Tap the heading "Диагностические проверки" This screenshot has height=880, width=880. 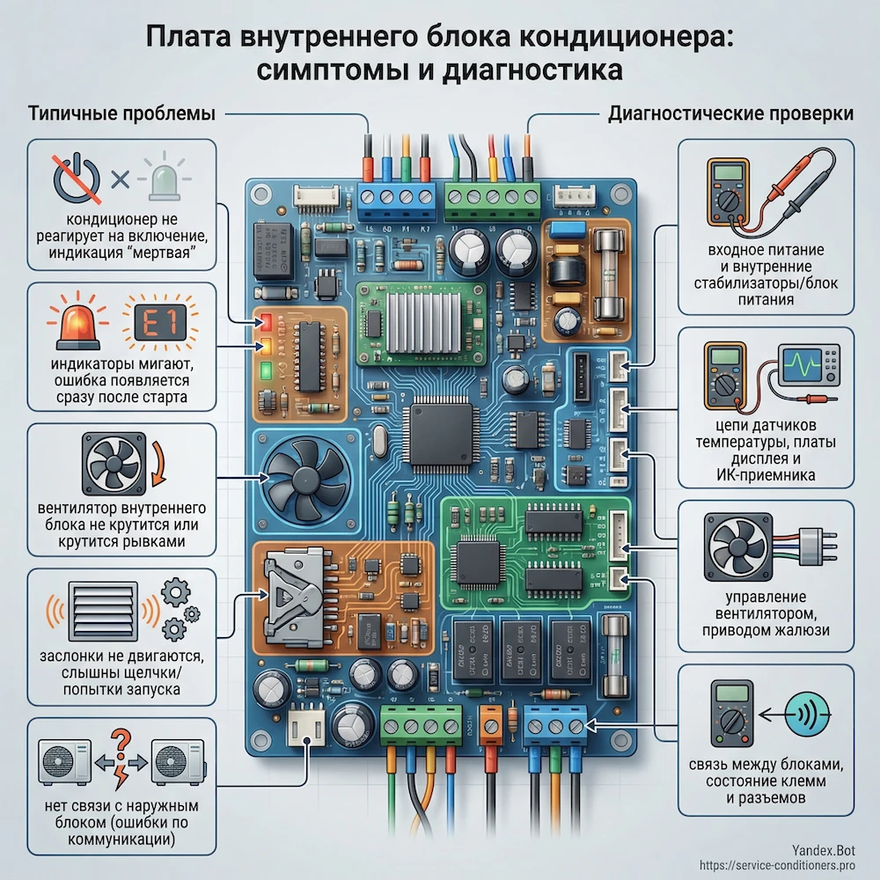click(x=730, y=114)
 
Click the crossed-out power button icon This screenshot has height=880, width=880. click(x=75, y=175)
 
